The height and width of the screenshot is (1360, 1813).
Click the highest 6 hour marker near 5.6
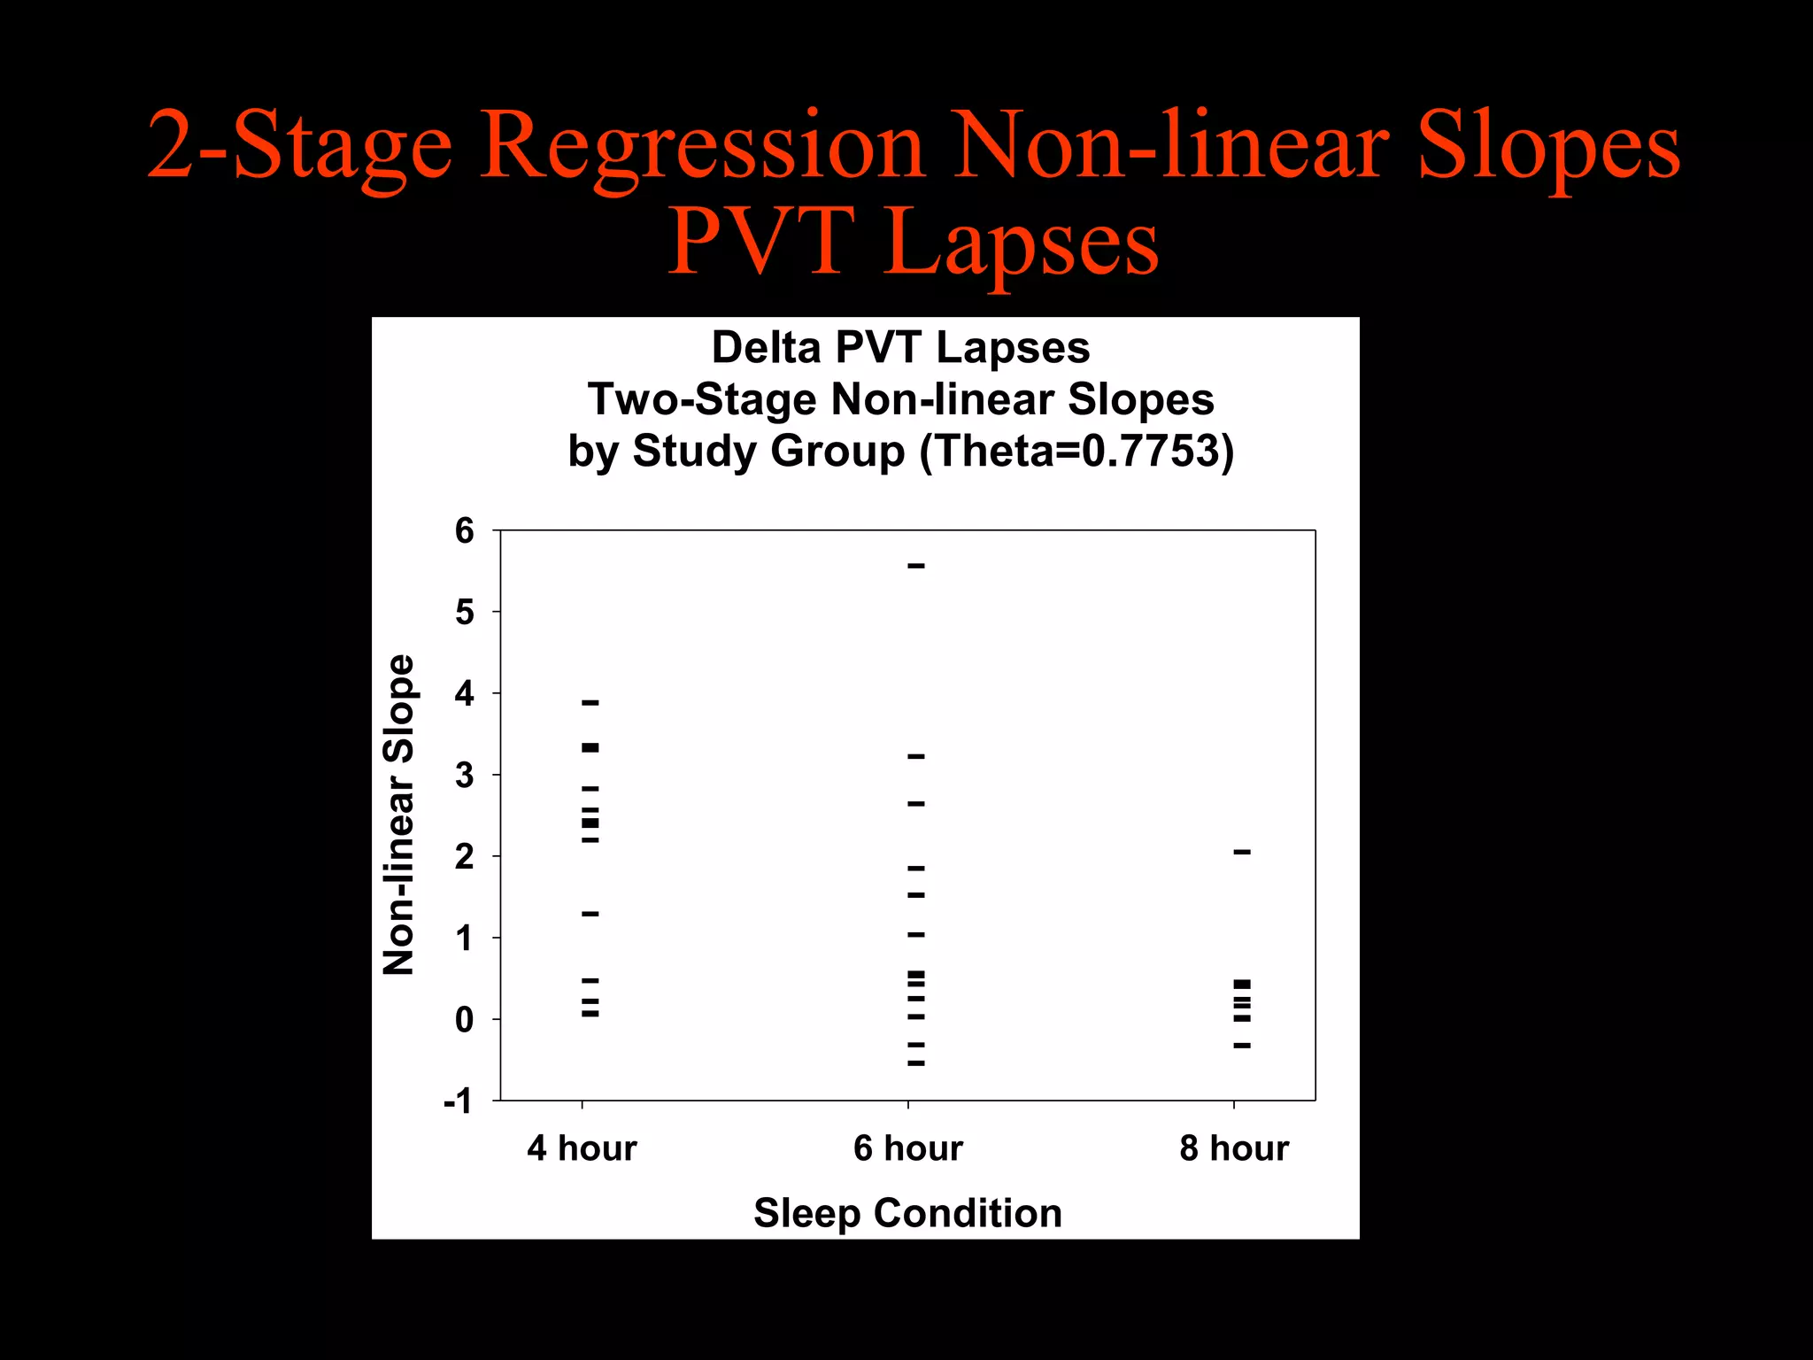[916, 565]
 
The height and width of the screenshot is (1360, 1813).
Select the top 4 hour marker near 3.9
[590, 702]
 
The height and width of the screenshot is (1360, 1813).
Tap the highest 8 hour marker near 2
[1242, 852]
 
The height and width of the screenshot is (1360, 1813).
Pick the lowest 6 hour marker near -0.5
[916, 1062]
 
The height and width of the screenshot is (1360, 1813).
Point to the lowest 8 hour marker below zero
[1242, 1046]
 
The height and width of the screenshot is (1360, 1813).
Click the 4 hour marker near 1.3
[590, 913]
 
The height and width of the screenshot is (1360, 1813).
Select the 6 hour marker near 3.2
[916, 756]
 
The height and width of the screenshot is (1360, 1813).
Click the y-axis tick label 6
[465, 531]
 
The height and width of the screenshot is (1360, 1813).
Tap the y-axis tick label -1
[459, 1101]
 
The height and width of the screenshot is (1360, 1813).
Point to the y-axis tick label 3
[465, 776]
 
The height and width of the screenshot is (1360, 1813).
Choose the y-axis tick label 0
[465, 1020]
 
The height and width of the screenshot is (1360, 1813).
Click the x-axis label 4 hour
[582, 1148]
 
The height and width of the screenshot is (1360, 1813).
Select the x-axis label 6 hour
[907, 1148]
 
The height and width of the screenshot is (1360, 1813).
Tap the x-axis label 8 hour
[1233, 1148]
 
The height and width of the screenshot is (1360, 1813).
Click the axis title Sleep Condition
[907, 1213]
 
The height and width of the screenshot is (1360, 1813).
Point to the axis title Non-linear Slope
[399, 815]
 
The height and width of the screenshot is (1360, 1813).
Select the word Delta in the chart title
[767, 347]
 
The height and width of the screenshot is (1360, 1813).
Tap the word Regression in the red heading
[703, 146]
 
